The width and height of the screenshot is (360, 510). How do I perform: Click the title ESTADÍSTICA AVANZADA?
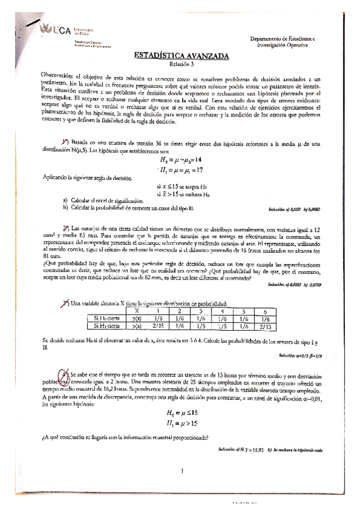click(x=180, y=56)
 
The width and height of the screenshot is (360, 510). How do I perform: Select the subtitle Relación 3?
click(x=180, y=64)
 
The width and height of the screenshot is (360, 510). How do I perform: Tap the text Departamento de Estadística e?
click(x=286, y=38)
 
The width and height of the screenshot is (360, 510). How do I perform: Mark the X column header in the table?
click(x=136, y=311)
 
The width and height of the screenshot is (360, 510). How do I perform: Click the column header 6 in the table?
click(x=262, y=311)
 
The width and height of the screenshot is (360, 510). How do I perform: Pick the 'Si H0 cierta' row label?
click(x=108, y=318)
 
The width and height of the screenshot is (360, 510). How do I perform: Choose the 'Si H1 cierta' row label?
click(x=108, y=325)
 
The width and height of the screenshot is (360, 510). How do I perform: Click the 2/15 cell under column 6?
click(x=262, y=325)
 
